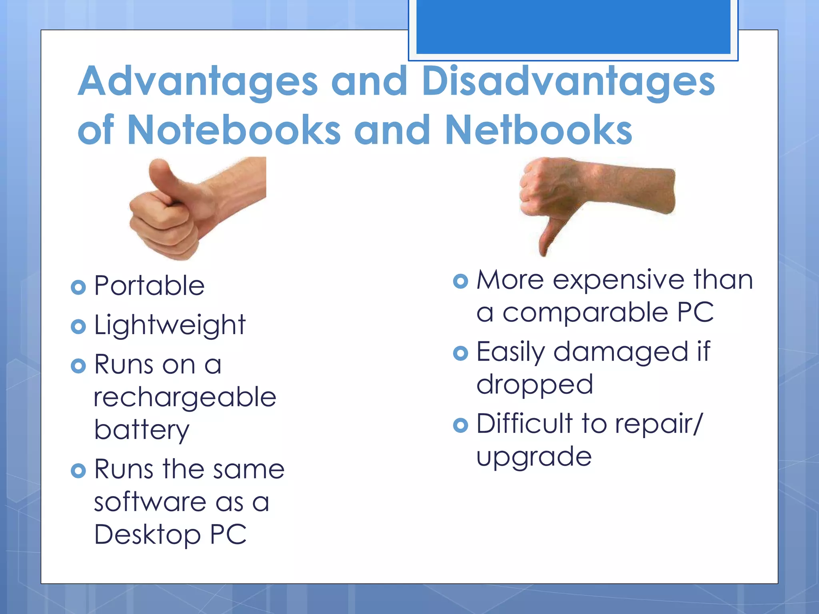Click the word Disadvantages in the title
pos(568,82)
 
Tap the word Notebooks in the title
pos(234,130)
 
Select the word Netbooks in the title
pos(538,130)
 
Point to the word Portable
pos(149,286)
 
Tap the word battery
pos(142,431)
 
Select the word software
pos(150,502)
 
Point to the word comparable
pos(585,313)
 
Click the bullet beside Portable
pos(78,287)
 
